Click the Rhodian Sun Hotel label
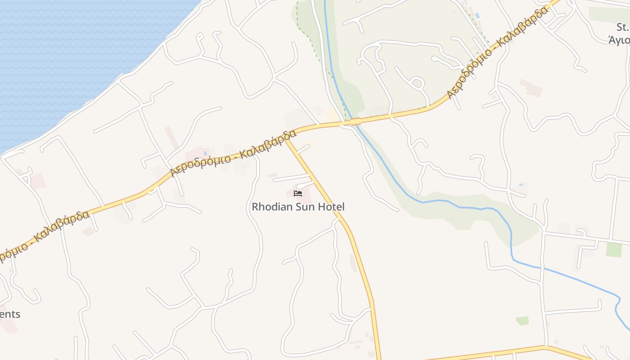[298, 207]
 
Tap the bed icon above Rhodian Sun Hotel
[297, 194]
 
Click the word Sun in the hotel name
[307, 207]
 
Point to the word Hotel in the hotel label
[331, 207]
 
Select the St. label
[622, 27]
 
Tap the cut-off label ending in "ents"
[10, 314]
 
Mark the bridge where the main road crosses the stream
[355, 121]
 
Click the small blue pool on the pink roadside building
[205, 153]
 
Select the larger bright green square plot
[613, 249]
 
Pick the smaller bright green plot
[522, 320]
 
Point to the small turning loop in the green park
[417, 83]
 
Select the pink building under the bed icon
[300, 188]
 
